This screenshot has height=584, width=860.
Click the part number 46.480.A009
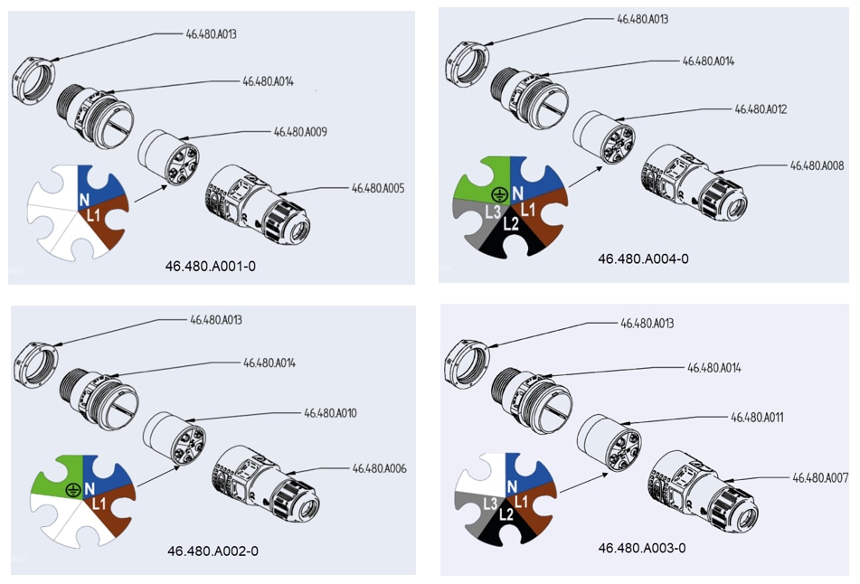[300, 132]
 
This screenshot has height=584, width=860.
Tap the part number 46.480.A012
[761, 109]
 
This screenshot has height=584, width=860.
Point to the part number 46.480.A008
[817, 165]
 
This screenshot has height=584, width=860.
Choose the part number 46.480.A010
[330, 413]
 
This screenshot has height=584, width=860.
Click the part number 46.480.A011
[757, 418]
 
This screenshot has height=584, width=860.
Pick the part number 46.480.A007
[819, 476]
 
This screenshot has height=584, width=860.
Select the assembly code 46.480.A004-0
[643, 259]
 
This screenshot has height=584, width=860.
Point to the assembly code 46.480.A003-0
[642, 548]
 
